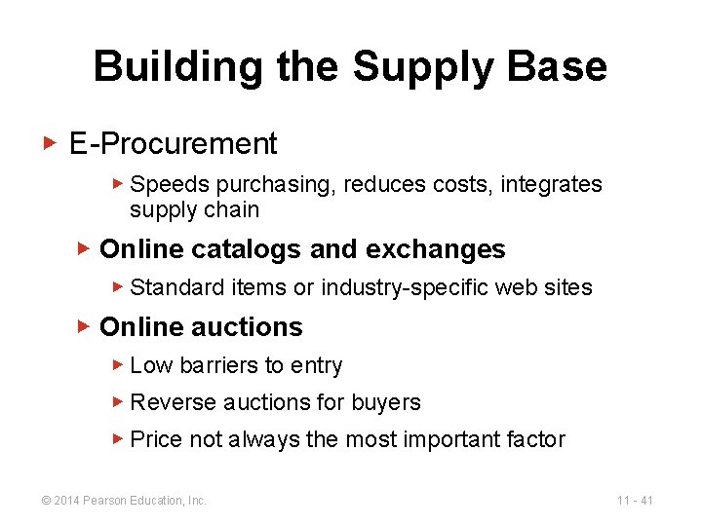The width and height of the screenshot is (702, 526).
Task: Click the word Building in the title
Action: tap(177, 67)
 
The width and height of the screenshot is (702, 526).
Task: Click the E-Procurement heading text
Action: tap(174, 144)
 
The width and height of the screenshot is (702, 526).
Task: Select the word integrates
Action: tap(551, 184)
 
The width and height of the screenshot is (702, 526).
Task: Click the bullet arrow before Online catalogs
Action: tap(83, 248)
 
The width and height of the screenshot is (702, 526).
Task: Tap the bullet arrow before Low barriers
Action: tap(117, 365)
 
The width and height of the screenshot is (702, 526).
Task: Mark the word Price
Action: tap(156, 439)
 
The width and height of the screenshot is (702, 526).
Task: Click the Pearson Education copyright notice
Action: tap(123, 501)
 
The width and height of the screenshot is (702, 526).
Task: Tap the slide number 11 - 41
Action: tap(635, 501)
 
